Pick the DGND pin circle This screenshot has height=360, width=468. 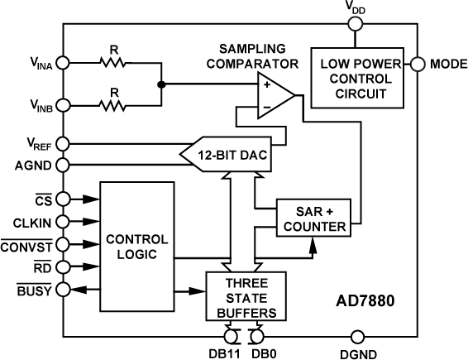357,336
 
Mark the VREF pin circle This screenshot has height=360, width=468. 61,144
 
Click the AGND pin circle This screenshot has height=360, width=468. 61,164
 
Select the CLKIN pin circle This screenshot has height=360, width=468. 61,222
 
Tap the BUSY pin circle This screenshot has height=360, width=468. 61,290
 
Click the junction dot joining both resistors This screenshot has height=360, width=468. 161,83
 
